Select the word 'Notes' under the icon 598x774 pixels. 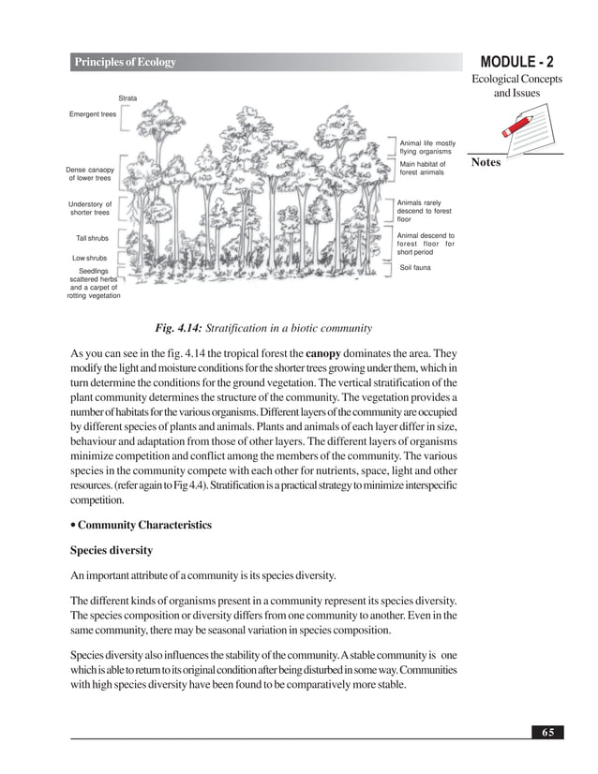click(x=486, y=162)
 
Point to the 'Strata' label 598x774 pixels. click(x=128, y=98)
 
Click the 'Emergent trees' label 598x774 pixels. click(x=93, y=114)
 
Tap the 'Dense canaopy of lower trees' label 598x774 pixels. click(x=90, y=173)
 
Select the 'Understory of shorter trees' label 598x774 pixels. click(x=90, y=208)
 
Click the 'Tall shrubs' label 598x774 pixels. click(x=92, y=238)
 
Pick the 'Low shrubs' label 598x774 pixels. click(x=90, y=257)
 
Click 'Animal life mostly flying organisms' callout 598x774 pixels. click(x=427, y=147)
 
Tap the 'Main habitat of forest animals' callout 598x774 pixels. click(x=423, y=168)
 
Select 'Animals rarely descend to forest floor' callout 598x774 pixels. click(x=424, y=211)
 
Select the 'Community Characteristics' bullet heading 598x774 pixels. click(x=142, y=525)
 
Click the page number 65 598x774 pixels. click(x=546, y=731)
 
